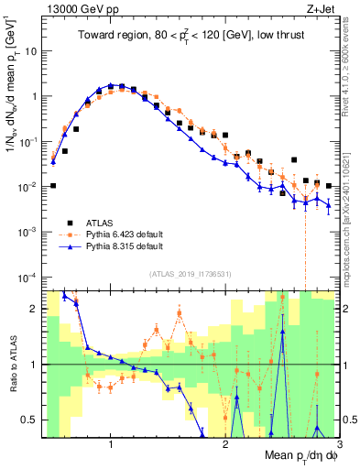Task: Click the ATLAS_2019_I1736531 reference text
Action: click(190, 273)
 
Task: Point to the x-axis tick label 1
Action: click(111, 445)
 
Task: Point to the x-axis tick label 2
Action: click(225, 445)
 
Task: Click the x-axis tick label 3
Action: click(338, 445)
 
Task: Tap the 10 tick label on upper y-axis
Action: click(29, 51)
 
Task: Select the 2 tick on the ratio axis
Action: click(32, 309)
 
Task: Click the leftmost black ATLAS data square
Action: click(53, 185)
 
